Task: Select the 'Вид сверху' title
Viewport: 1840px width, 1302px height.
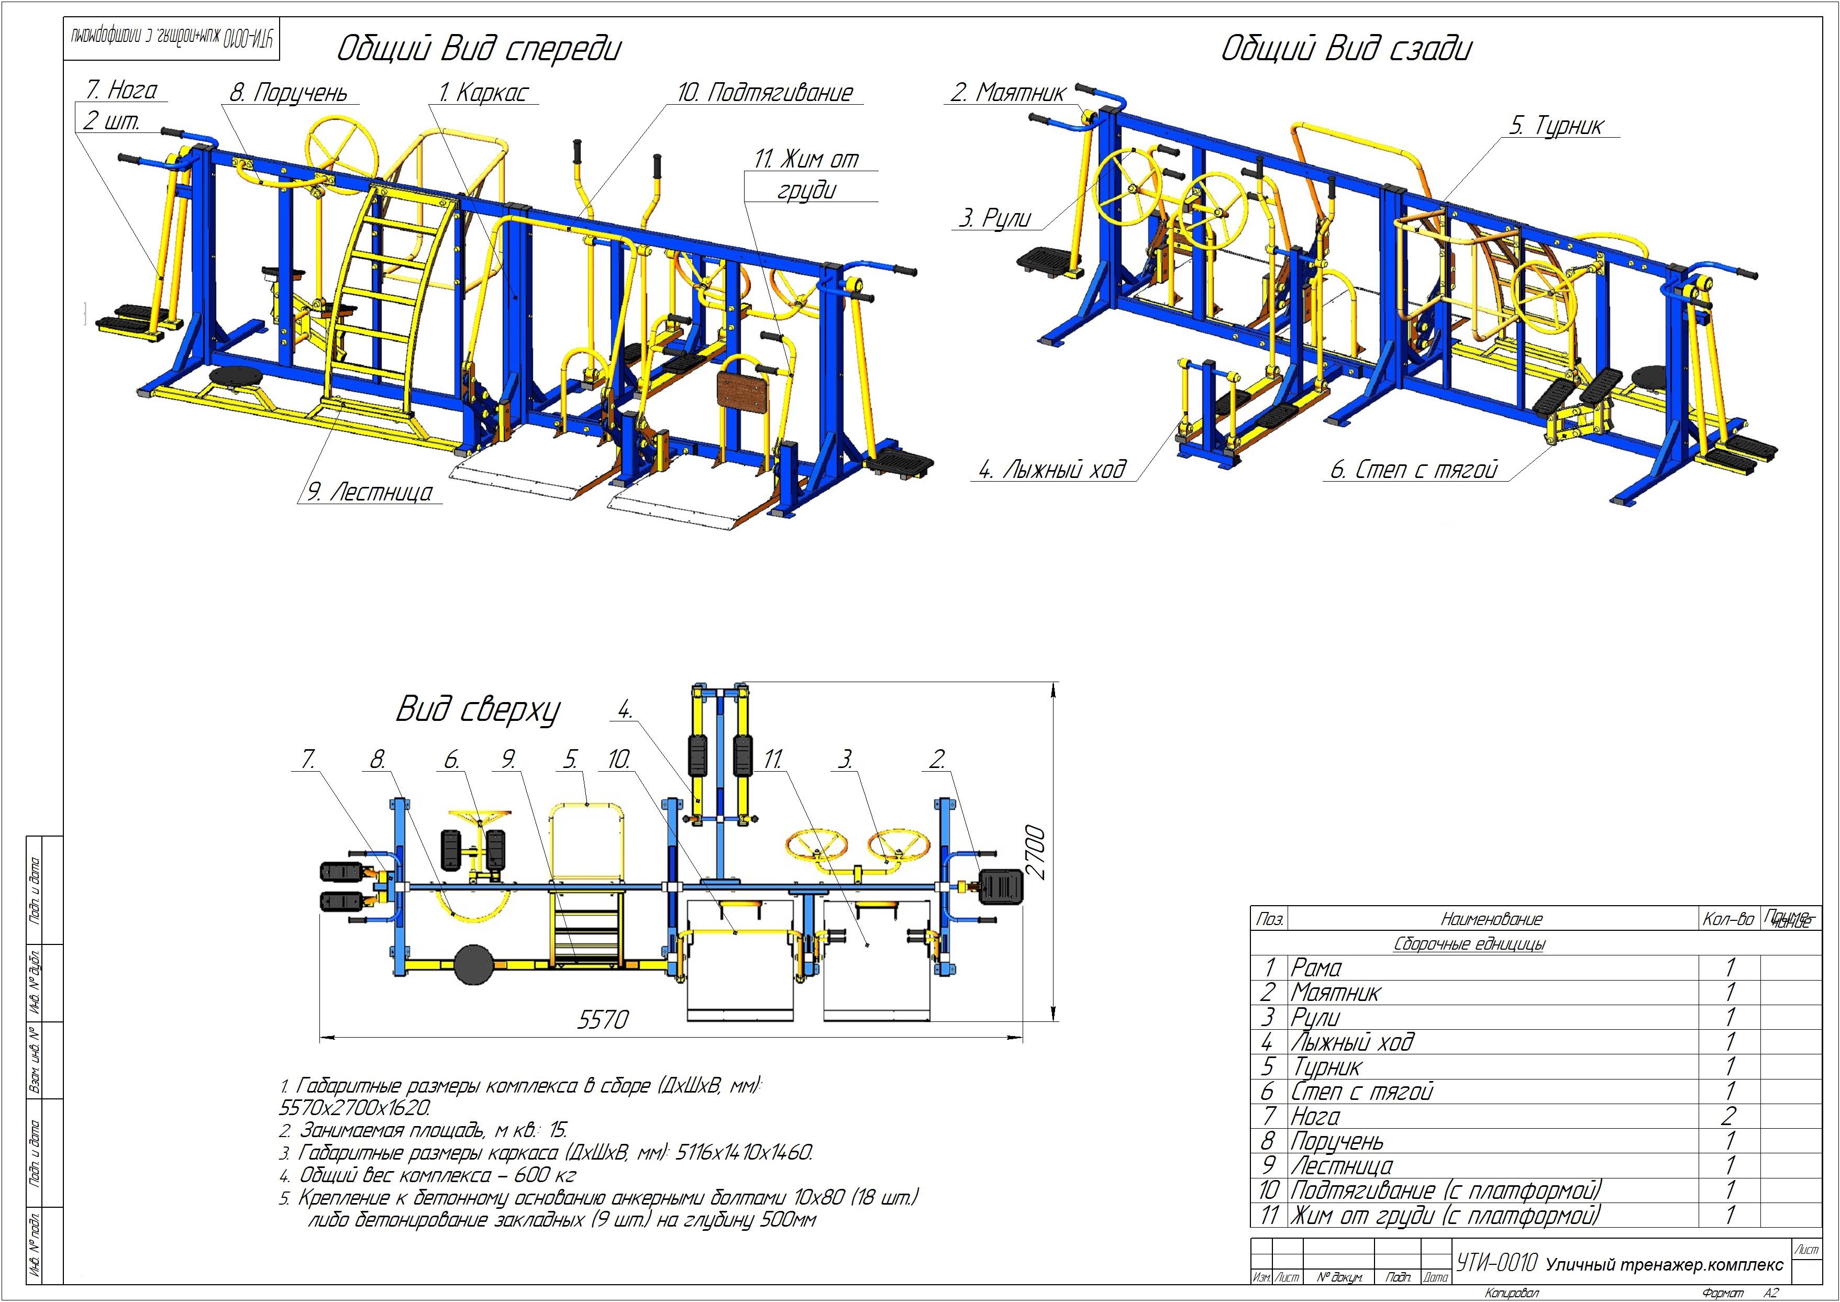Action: [478, 710]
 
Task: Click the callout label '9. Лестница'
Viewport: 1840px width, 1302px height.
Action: [370, 492]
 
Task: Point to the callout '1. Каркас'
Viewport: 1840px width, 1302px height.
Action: [483, 93]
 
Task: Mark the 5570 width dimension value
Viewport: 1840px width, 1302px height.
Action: [603, 1020]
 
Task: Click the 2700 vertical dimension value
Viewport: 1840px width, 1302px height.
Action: [1036, 852]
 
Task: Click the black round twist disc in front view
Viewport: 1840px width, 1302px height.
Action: [232, 377]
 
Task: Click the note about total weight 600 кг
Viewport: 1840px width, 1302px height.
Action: [437, 1175]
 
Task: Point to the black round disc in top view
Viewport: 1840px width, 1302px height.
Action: [474, 964]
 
